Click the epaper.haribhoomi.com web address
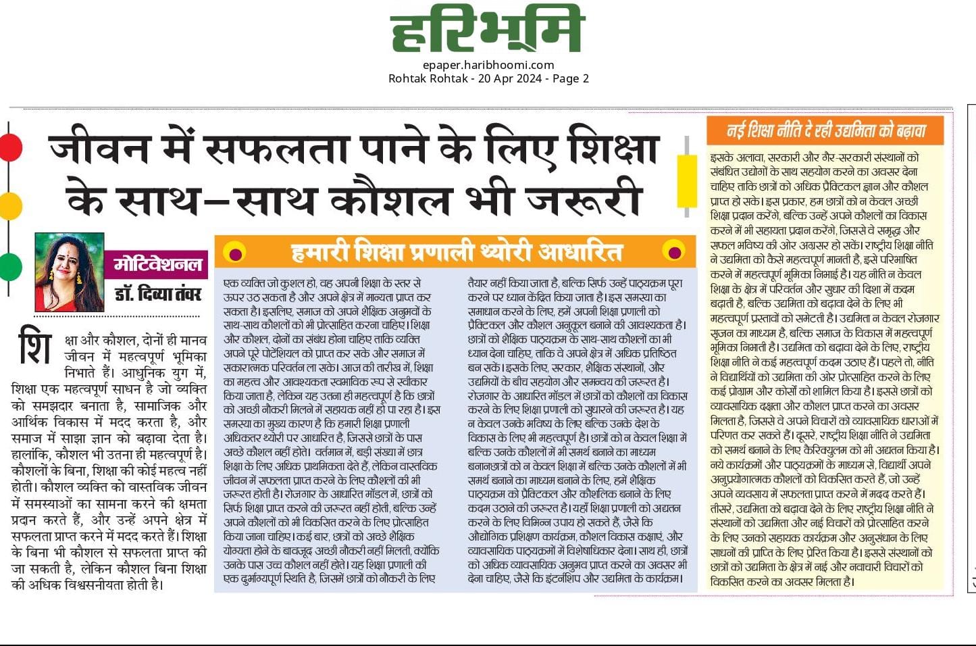pos(488,65)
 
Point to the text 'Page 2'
pos(571,78)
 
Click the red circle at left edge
pos(10,147)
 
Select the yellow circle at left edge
pos(10,205)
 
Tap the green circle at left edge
pos(10,266)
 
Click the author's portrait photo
pos(69,272)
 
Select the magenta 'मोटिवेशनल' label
pos(157,264)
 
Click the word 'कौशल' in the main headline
pos(390,199)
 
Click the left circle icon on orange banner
pos(234,253)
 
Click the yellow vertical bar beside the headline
pos(687,180)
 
